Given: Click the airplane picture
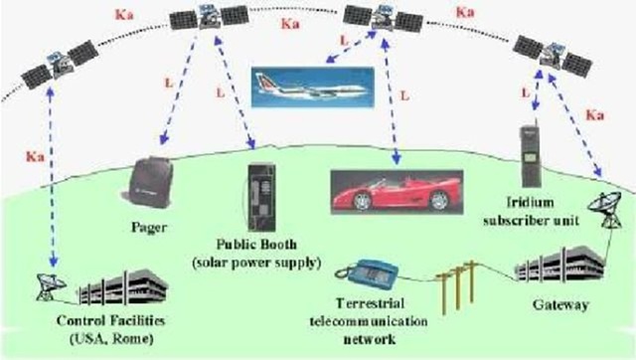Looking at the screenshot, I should (310, 85).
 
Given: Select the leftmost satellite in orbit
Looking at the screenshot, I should (49, 69).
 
